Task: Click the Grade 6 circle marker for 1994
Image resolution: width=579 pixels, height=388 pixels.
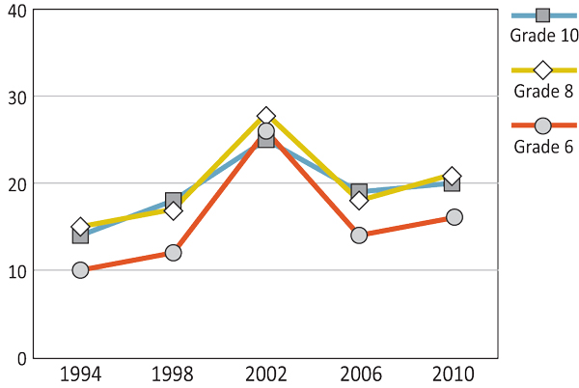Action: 80,270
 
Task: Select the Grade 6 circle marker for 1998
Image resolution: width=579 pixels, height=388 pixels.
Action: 173,253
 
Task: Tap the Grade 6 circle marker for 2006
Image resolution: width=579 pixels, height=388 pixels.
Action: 359,235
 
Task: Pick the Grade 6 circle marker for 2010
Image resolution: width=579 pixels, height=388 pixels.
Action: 454,217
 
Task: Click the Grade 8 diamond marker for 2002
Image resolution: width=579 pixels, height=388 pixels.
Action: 266,116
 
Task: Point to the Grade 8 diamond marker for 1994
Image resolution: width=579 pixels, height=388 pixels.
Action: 80,227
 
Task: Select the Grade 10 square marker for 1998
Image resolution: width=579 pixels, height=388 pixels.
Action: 174,201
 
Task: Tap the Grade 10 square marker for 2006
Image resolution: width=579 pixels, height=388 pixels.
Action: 359,192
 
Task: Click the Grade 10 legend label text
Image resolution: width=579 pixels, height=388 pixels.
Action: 544,36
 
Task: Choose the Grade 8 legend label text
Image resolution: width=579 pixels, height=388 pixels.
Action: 544,92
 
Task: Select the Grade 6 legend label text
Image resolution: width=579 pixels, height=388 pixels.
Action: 544,147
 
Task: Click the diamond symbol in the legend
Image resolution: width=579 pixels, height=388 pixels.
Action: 542,70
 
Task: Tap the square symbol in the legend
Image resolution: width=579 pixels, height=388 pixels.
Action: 542,14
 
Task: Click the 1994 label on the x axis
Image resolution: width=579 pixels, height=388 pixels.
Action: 80,374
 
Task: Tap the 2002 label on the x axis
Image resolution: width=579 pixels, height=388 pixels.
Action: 266,374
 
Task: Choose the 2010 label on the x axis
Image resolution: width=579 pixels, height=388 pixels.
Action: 454,374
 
